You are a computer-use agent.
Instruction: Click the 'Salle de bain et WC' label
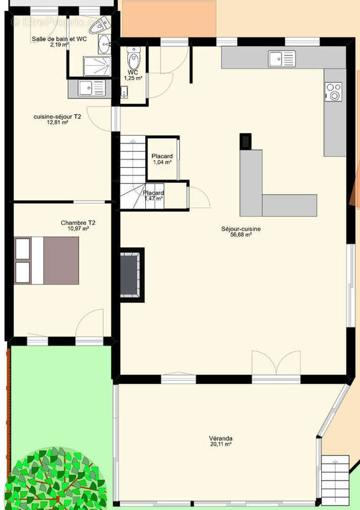pos(59,39)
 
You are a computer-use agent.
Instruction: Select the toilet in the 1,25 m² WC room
pos(133,61)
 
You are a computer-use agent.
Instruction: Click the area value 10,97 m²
pos(78,228)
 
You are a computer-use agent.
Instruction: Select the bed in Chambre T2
pos(48,260)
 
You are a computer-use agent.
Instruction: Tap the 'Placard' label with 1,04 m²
pos(162,156)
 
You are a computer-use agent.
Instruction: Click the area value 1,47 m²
pos(154,199)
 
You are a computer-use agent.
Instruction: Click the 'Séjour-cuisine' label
pos(241,228)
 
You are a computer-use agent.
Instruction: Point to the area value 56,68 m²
pos(241,235)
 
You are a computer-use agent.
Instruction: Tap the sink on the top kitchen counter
pos(282,59)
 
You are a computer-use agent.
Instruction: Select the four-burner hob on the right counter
pos(333,92)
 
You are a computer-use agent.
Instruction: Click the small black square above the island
pos(245,141)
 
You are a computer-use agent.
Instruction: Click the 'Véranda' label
pos(220,438)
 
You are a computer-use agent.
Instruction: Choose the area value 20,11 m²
pos(220,444)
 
